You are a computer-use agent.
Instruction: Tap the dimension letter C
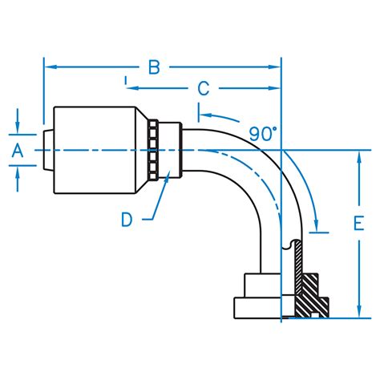[x=203, y=88]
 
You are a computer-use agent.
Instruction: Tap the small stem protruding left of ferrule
[x=46, y=150]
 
